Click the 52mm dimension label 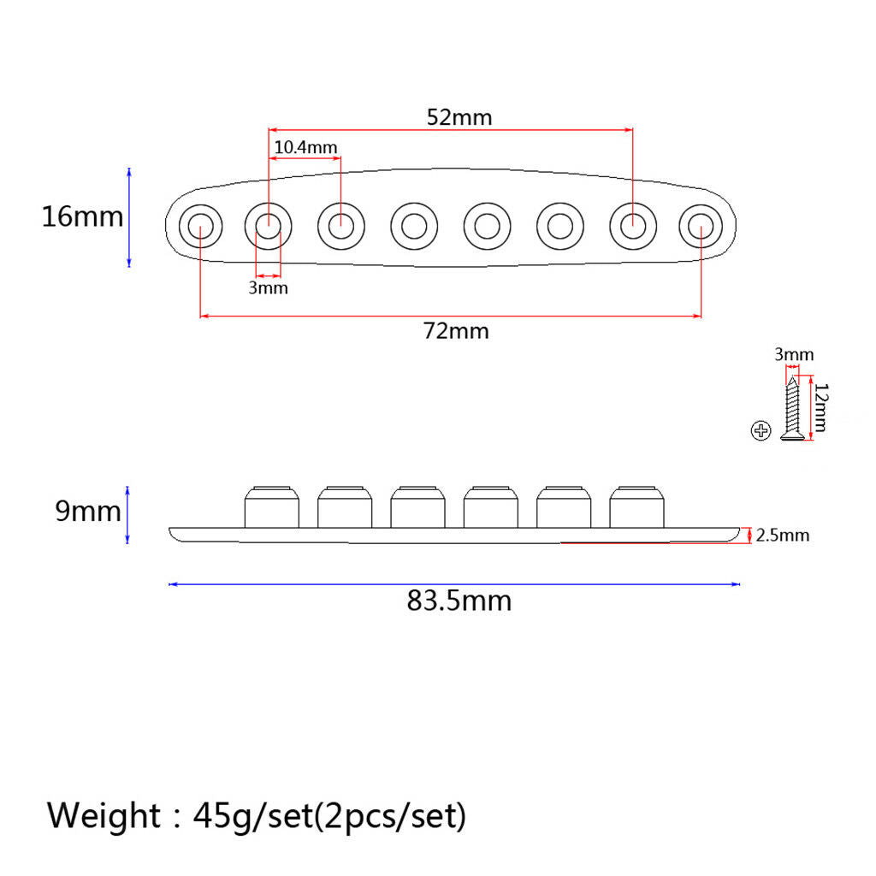point(459,117)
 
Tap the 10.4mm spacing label point(305,147)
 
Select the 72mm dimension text point(456,331)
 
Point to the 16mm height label point(83,216)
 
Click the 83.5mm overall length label point(459,601)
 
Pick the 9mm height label point(88,512)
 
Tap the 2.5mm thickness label point(783,536)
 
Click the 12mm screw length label point(820,407)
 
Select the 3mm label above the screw point(794,354)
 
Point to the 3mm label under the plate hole point(268,287)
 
